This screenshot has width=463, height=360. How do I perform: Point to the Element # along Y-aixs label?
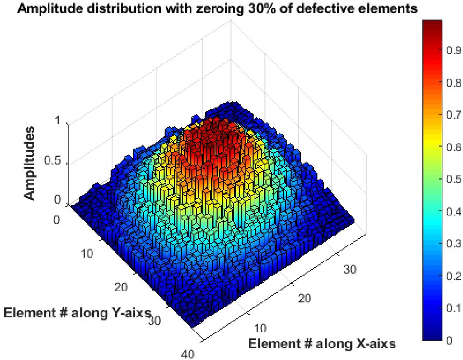(x=77, y=312)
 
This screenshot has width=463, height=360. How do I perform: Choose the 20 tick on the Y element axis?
(x=121, y=286)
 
